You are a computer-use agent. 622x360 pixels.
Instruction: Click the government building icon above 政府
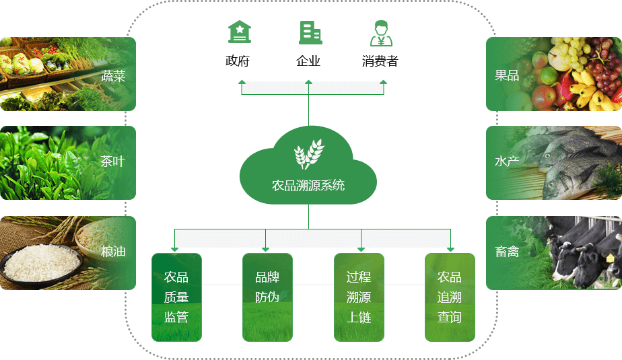tap(239, 32)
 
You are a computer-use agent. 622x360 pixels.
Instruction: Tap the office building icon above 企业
tap(310, 32)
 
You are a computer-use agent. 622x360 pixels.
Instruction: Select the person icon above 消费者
tap(381, 32)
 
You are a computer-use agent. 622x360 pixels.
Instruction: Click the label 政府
tap(238, 61)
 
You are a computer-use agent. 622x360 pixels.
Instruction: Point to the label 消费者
tap(380, 61)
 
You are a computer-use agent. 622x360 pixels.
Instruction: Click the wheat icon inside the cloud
tap(308, 154)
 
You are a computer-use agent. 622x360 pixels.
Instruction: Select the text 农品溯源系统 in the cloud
tap(308, 185)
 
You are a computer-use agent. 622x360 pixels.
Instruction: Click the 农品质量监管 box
tap(176, 297)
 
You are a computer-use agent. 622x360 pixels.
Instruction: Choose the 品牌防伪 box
tap(267, 297)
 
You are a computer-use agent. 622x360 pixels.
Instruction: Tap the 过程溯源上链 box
tap(359, 297)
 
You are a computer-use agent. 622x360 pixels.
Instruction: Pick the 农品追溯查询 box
tap(450, 297)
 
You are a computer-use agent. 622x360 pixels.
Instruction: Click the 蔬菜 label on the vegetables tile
tap(113, 75)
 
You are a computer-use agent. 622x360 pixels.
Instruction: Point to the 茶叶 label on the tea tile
tap(112, 161)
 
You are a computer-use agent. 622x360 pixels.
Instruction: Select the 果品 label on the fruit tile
tap(507, 75)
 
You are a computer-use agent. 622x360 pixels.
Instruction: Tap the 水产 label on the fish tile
tap(507, 161)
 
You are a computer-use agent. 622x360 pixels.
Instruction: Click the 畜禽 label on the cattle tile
tap(507, 252)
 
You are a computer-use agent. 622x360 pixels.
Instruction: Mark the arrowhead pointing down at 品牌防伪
tap(266, 250)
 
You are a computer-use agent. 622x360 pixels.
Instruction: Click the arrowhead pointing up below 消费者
tap(384, 83)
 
